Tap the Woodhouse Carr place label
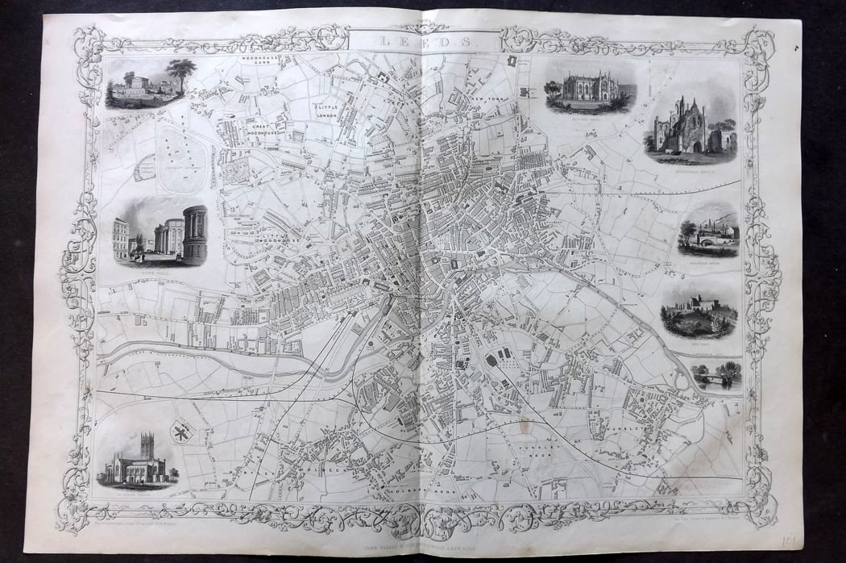pyautogui.click(x=255, y=62)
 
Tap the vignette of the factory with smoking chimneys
pyautogui.click(x=707, y=231)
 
